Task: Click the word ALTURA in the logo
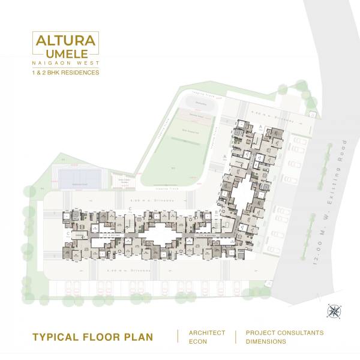[66, 41]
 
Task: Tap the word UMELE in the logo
[66, 54]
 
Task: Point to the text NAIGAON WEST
[66, 62]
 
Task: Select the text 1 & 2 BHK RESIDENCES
[66, 73]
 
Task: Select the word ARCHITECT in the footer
[207, 332]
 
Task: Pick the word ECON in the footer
[199, 341]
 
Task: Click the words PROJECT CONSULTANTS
[284, 332]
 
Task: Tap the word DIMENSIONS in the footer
[266, 341]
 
